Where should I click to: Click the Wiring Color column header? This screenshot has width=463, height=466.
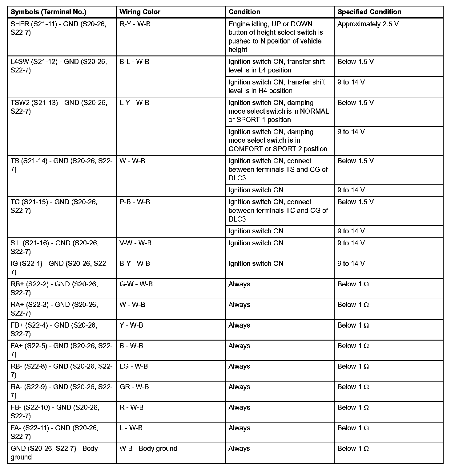140,12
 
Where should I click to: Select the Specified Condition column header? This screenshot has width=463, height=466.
369,12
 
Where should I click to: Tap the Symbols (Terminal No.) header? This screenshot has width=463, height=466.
48,12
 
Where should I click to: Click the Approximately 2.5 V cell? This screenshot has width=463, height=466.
368,24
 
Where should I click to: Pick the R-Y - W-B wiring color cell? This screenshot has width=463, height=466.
135,24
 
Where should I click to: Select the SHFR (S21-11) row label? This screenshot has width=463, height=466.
58,28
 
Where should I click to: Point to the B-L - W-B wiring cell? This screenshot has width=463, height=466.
134,62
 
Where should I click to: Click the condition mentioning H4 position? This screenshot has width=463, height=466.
276,86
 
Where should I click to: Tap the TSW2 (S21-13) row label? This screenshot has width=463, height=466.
59,107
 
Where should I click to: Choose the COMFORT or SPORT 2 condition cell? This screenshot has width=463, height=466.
278,140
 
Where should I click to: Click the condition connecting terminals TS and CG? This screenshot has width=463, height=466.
278,169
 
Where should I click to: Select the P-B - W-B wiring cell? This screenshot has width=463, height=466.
135,202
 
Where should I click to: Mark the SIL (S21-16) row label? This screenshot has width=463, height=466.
54,247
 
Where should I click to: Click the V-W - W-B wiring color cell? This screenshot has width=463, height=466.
135,243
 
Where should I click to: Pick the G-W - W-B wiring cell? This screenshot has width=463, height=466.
136,284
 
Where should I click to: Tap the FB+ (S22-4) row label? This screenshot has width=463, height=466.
54,329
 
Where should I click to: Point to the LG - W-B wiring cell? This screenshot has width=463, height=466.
133,366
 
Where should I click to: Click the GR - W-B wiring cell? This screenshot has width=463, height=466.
134,387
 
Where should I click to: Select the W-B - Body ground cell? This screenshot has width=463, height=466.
148,448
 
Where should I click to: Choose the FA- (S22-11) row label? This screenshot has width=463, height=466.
54,432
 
